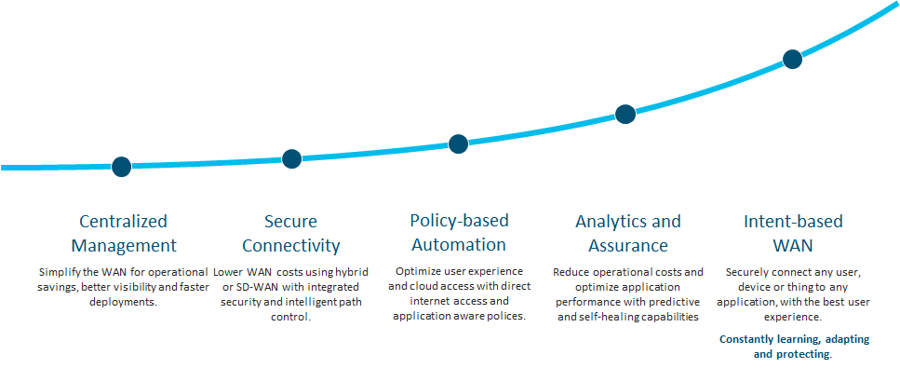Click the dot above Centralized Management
122,167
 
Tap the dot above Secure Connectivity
291,159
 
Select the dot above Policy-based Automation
458,143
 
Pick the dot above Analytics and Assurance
625,114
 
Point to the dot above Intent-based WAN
793,59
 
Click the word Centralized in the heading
124,222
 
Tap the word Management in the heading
124,246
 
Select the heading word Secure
291,222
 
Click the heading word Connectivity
291,246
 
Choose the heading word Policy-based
459,220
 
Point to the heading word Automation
459,244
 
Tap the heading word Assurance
628,246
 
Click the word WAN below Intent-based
793,246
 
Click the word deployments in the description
124,302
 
